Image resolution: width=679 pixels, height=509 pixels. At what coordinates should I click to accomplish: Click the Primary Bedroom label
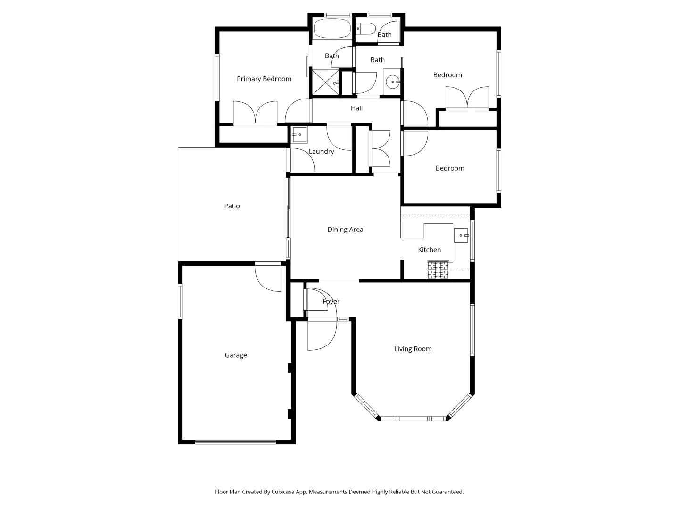coord(264,79)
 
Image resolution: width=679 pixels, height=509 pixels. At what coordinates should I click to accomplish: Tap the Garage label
coord(236,355)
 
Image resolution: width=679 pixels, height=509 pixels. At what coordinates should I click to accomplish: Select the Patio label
coord(232,206)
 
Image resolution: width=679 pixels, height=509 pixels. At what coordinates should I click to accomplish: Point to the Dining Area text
coord(345,230)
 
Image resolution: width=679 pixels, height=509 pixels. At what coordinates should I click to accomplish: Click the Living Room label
coord(413,349)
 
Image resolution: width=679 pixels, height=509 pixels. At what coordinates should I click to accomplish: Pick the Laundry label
coord(321,151)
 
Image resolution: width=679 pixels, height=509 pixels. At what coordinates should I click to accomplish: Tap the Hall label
coord(356,108)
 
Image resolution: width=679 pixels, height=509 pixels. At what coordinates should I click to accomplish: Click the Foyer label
coord(331,301)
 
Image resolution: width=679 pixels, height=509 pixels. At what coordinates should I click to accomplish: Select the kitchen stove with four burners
coord(438,270)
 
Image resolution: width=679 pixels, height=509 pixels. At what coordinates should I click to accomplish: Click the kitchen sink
coord(461,235)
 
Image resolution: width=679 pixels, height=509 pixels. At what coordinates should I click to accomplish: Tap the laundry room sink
coord(299,135)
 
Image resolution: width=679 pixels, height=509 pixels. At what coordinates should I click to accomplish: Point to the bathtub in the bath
coord(332,29)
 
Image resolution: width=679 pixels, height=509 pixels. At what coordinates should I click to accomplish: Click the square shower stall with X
coord(325,83)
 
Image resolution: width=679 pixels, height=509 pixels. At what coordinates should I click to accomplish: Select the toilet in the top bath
coord(365,28)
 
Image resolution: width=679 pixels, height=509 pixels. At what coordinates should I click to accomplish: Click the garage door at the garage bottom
coord(235,442)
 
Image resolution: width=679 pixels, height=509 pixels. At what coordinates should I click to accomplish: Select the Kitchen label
coord(429,250)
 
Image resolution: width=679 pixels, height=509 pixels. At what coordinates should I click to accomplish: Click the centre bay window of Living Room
coord(413,419)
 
